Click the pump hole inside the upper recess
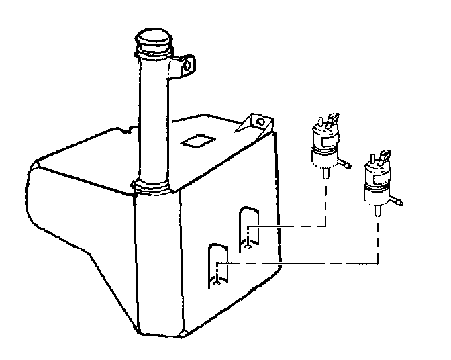249,244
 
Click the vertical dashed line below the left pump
325,201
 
